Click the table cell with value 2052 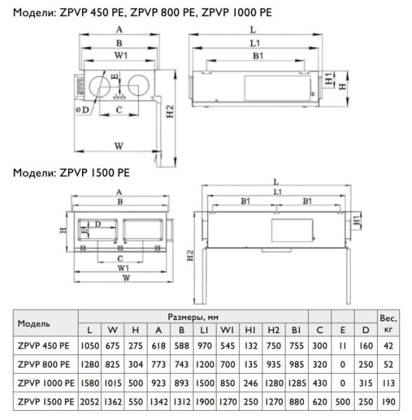(x=90, y=404)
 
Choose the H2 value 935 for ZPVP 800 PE (x=273, y=364)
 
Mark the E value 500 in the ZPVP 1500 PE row (x=340, y=404)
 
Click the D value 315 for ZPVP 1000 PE (x=363, y=384)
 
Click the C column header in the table (x=320, y=328)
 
